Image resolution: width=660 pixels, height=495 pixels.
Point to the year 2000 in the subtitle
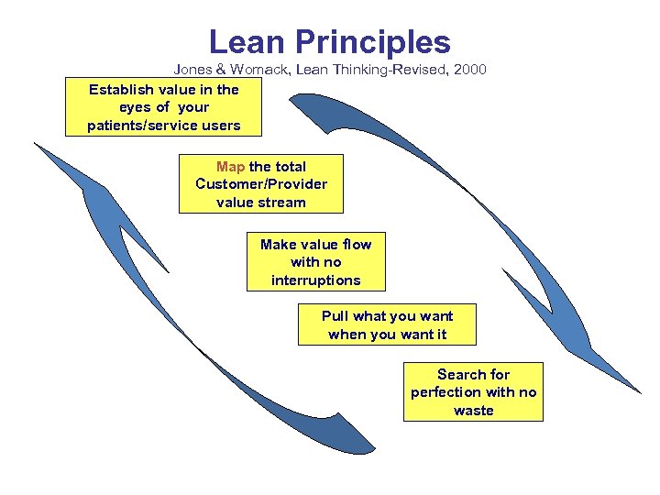tap(468, 70)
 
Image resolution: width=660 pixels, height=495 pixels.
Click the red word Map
tap(230, 167)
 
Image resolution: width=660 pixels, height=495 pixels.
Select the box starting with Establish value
tap(163, 107)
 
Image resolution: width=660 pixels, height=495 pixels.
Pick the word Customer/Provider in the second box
tap(261, 184)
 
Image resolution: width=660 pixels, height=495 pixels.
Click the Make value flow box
tap(315, 262)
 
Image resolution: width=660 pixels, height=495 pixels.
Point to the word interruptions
tap(315, 280)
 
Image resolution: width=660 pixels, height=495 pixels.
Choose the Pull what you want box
tap(387, 325)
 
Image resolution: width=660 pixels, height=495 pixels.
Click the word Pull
tap(335, 316)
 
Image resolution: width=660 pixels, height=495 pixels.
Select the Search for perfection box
tap(473, 392)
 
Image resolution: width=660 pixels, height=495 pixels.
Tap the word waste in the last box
tap(473, 411)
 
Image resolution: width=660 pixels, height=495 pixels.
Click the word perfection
tap(450, 392)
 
